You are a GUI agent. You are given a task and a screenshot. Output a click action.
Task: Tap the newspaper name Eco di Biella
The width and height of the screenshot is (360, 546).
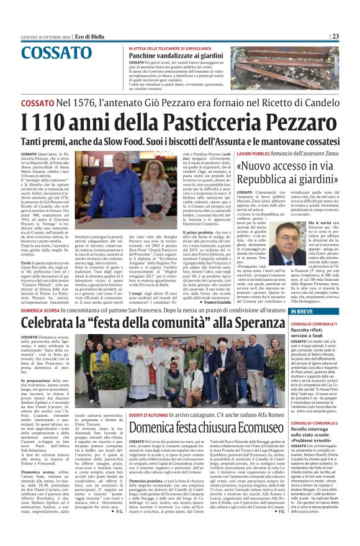tap(86, 36)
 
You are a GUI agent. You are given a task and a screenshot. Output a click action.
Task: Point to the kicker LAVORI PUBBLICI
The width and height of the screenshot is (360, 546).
tap(252, 153)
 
